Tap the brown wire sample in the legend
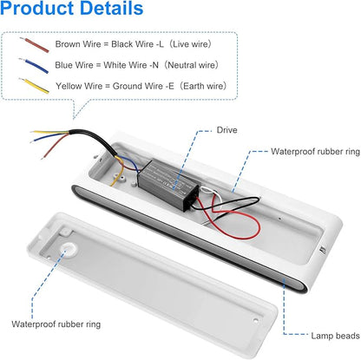click(x=35, y=45)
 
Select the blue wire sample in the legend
click(x=33, y=66)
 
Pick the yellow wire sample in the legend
click(x=34, y=86)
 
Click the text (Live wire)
click(x=190, y=44)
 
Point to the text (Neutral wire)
click(x=191, y=65)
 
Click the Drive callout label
click(x=226, y=130)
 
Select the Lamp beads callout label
click(x=335, y=336)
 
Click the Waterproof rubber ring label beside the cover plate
click(x=56, y=324)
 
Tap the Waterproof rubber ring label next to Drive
click(x=315, y=152)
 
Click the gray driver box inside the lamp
click(x=167, y=184)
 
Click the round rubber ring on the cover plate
click(x=69, y=250)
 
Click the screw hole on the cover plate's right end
click(x=255, y=320)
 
